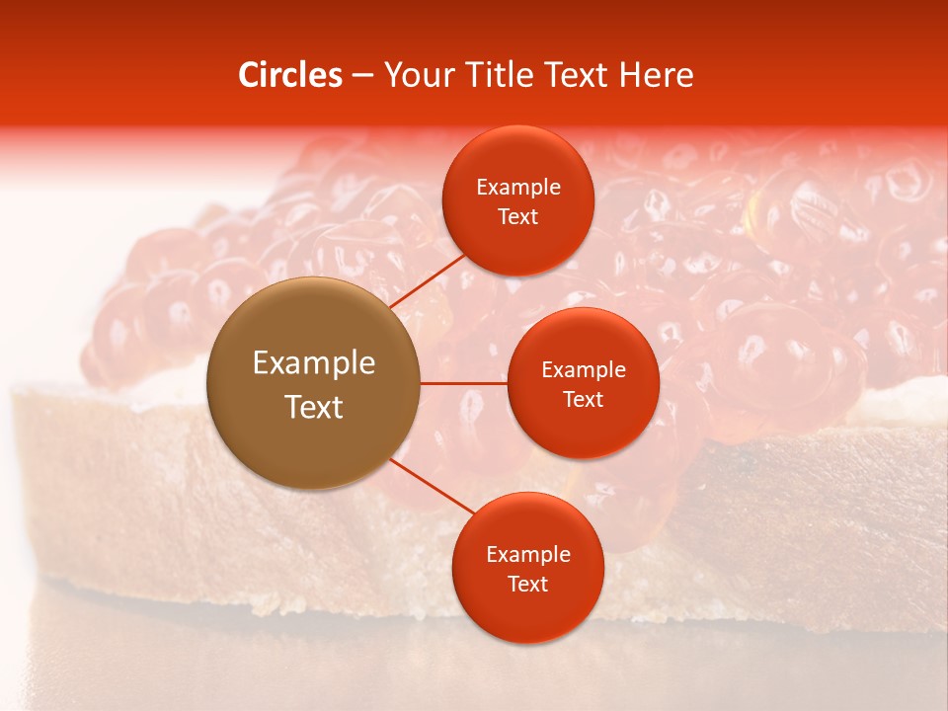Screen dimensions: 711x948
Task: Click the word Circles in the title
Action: [x=289, y=75]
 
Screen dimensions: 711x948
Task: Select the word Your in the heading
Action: [x=416, y=75]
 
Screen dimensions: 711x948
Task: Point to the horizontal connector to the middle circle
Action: [x=464, y=383]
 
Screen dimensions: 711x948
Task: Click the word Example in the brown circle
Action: [x=314, y=363]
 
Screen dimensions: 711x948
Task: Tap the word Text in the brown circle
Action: [x=314, y=407]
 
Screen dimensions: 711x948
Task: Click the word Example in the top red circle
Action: [x=518, y=188]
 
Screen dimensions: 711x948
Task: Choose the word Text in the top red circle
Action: [x=518, y=217]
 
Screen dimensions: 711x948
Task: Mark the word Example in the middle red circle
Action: [x=584, y=370]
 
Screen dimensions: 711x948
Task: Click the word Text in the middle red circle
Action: [x=584, y=400]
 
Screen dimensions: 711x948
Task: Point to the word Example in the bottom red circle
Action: [x=528, y=555]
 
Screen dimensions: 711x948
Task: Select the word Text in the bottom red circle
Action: [x=528, y=585]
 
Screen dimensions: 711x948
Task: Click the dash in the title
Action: [x=362, y=76]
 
